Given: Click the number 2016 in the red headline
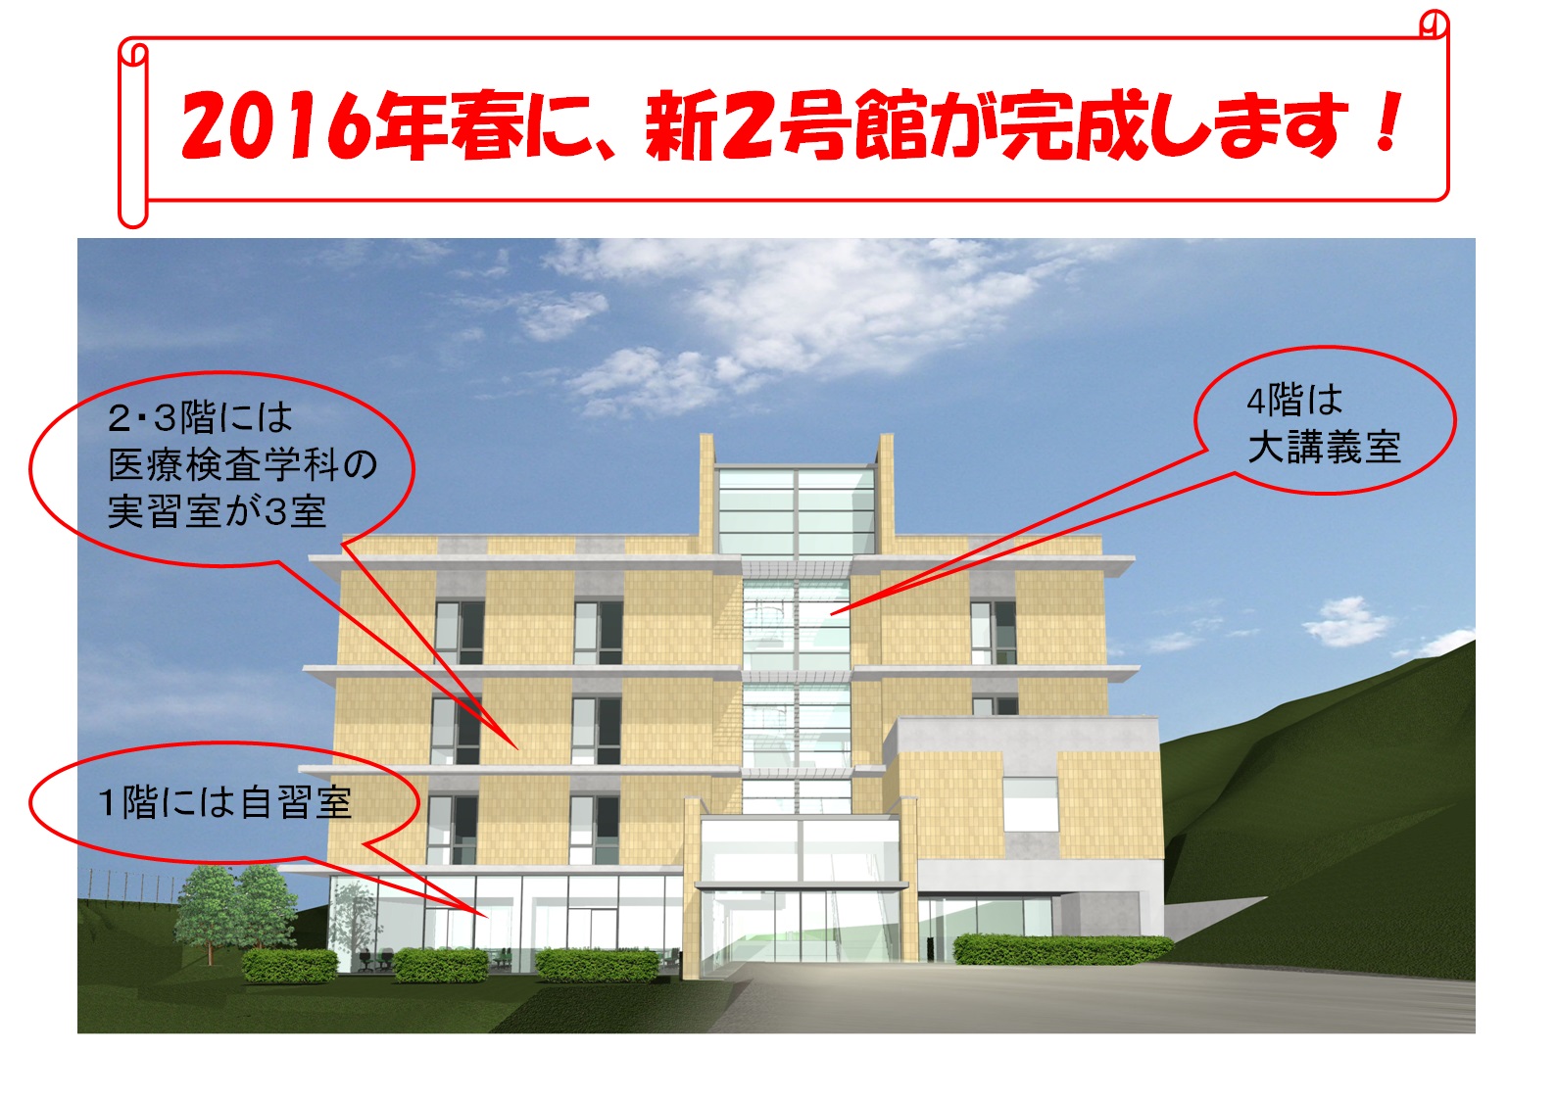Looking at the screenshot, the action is tap(277, 125).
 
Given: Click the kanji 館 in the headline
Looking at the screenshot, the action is tap(891, 125).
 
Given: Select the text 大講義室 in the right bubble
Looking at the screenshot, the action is tap(1324, 446).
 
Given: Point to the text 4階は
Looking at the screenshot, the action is tap(1294, 400).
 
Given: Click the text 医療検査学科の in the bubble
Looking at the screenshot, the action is tap(243, 464).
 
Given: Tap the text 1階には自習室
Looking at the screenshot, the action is tap(225, 802).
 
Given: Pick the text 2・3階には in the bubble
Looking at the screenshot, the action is tap(200, 417).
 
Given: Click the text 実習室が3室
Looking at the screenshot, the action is tap(217, 512).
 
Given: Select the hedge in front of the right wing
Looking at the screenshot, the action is tap(1062, 949).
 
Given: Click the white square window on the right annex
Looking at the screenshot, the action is tap(1030, 804).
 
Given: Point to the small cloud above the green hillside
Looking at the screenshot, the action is tap(1347, 622).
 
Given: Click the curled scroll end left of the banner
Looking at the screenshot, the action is tap(132, 132).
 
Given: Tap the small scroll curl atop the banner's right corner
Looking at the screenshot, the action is tap(1433, 25).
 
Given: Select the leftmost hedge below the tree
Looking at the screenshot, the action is tap(290, 966).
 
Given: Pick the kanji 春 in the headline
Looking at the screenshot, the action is tap(486, 125).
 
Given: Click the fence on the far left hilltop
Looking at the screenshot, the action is tap(128, 885).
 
